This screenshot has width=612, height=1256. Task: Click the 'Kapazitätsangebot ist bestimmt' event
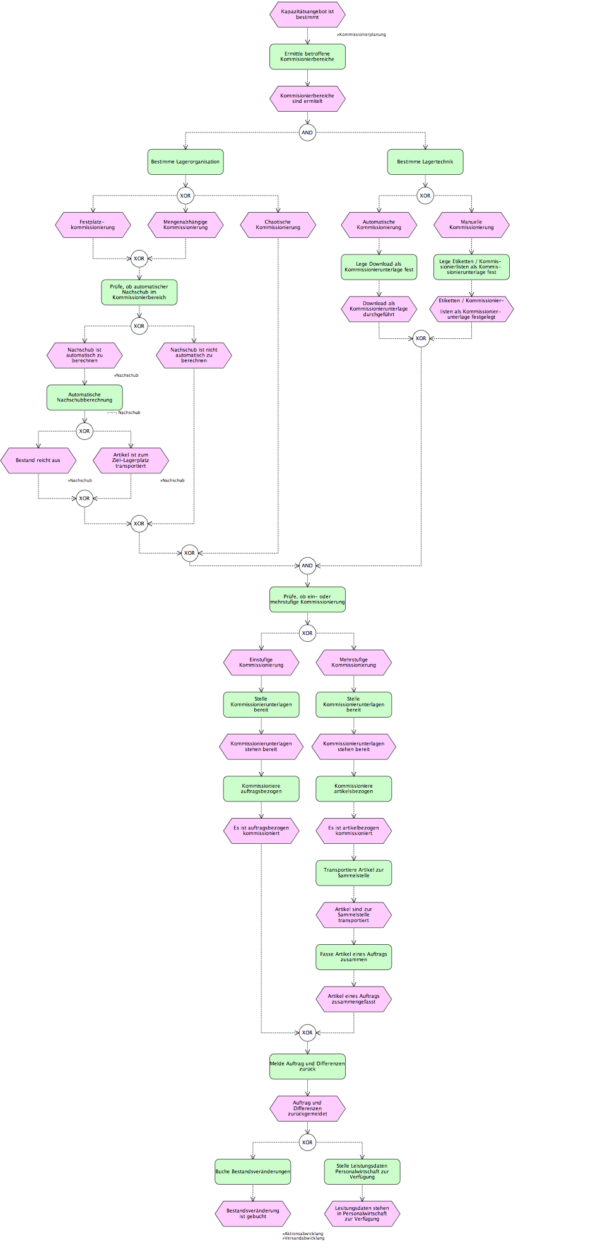[307, 15]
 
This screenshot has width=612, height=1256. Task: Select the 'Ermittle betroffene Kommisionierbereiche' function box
[307, 57]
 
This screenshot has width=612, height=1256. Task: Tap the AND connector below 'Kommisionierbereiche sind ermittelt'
[307, 133]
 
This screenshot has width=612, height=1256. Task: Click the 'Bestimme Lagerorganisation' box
[185, 162]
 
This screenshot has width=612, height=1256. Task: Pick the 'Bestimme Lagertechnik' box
[425, 162]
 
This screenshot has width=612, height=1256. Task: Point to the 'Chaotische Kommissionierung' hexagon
[278, 225]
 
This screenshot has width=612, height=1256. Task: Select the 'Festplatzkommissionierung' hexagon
[93, 225]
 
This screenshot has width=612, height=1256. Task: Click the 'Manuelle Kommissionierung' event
[471, 225]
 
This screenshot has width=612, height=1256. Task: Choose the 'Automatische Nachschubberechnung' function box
[85, 398]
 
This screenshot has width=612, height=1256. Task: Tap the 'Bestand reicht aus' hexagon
[38, 461]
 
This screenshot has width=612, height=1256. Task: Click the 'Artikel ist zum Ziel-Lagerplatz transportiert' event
[131, 461]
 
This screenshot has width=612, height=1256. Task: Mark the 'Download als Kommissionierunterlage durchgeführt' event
[379, 309]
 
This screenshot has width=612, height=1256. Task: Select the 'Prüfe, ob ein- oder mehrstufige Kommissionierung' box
[307, 600]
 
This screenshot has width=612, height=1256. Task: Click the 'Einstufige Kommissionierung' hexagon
[261, 663]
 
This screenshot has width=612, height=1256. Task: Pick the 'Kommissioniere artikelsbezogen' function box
[354, 789]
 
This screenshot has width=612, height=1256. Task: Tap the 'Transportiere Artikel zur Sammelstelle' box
[354, 873]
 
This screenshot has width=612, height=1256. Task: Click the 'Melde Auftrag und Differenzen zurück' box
[307, 1067]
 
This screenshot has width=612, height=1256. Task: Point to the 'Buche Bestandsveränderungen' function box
[253, 1172]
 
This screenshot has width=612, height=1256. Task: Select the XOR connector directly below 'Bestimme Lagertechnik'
[425, 196]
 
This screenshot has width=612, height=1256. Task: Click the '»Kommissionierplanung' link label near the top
[362, 35]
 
